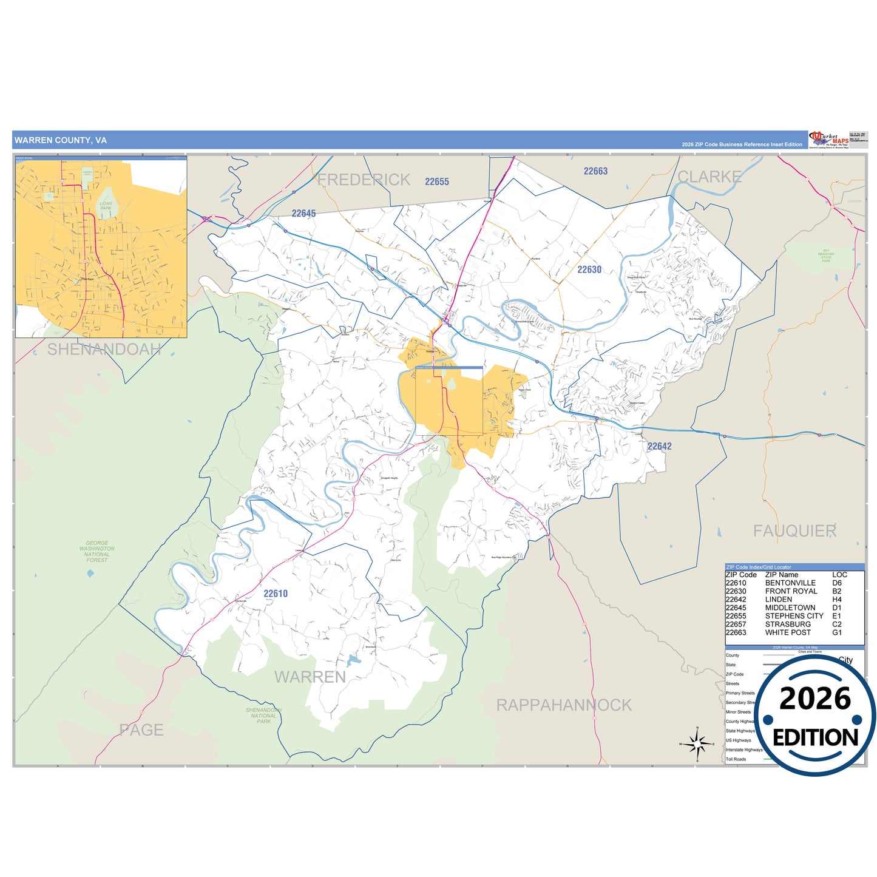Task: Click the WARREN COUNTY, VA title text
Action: point(61,140)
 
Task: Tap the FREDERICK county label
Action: point(364,180)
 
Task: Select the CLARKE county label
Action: point(709,177)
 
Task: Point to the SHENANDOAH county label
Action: point(104,349)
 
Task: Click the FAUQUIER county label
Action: point(794,531)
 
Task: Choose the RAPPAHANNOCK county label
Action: point(564,705)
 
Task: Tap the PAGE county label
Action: point(141,730)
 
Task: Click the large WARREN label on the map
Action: point(310,677)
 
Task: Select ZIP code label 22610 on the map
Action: point(276,594)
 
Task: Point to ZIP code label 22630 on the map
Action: point(589,269)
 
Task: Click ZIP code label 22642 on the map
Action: point(659,446)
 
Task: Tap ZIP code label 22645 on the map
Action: point(303,214)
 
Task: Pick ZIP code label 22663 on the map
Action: point(595,171)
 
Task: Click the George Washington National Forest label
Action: point(97,551)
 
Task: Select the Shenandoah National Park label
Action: point(263,716)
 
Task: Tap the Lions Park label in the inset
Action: point(106,206)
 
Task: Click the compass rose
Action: point(697,743)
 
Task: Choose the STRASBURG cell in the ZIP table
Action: point(788,624)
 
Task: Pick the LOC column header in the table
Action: point(839,575)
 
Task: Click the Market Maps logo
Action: point(830,140)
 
